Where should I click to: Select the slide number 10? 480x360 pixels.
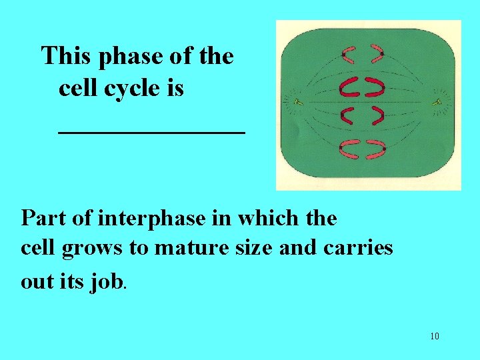pos(434,336)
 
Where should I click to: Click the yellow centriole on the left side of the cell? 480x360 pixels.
pos(297,103)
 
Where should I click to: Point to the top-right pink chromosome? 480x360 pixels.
pos(378,53)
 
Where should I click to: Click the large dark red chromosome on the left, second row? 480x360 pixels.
pos(348,87)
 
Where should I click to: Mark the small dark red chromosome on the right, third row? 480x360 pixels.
pos(377,117)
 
